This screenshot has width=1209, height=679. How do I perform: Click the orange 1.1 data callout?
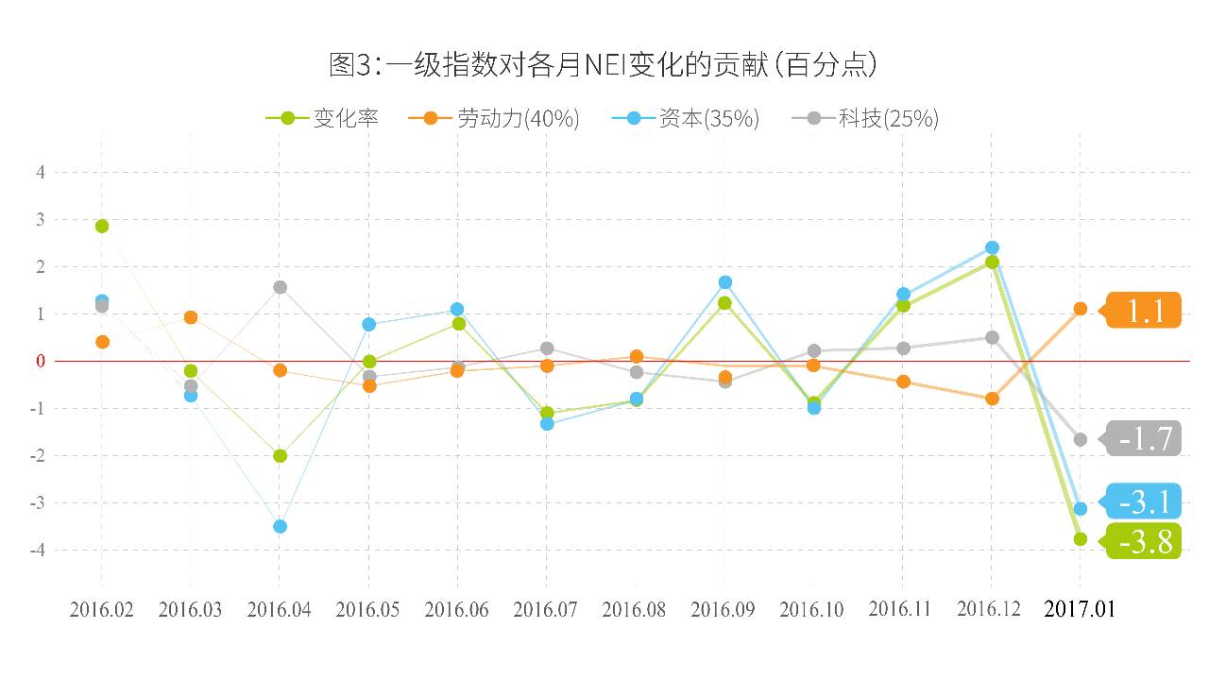point(1144,310)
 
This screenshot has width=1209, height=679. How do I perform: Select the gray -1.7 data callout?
point(1144,438)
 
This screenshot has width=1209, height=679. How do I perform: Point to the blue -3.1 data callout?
point(1144,501)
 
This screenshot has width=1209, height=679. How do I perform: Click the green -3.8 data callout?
point(1144,541)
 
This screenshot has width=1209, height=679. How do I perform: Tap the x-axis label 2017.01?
point(1080,609)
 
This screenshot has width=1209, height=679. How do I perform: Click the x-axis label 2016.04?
point(279,609)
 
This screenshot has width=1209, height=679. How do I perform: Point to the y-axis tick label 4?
point(41,172)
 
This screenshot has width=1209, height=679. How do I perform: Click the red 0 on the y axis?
point(41,361)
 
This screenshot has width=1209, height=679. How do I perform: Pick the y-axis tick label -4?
point(39,550)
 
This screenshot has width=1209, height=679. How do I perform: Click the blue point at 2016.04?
point(280,526)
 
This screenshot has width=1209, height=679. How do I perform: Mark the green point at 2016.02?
point(102,226)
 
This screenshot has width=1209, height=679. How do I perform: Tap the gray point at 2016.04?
point(280,287)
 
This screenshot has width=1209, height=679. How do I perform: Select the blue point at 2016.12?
point(992,247)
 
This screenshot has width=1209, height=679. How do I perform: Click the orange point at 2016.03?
point(191,317)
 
